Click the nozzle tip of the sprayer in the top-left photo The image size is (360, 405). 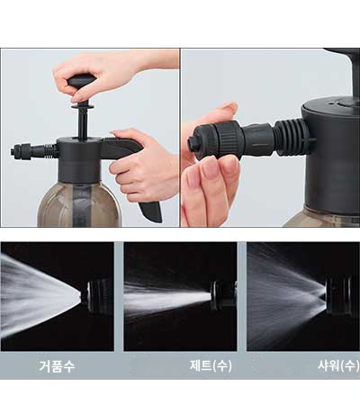coord(16,150)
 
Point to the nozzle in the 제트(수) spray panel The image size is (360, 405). coord(222,296)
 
